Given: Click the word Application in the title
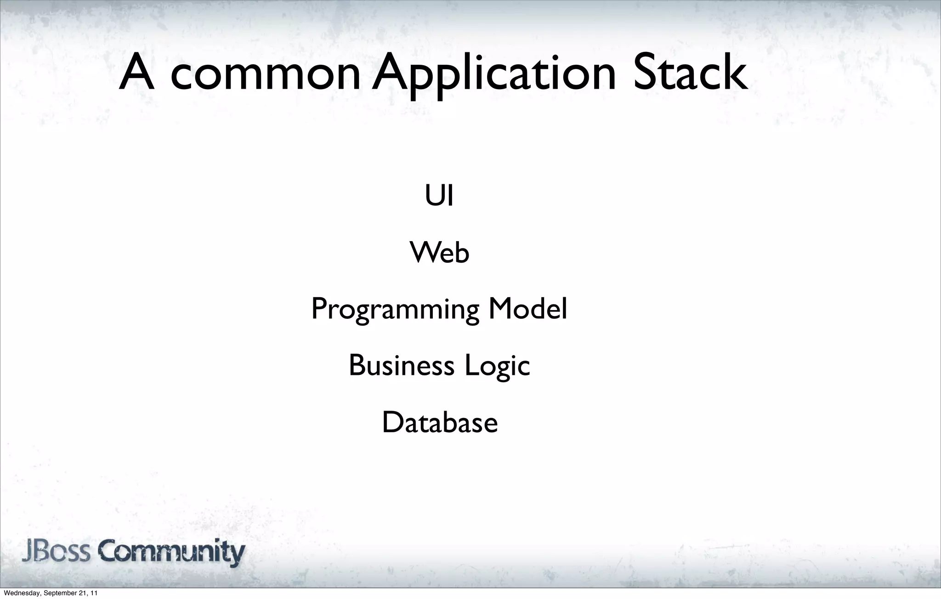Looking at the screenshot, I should [x=494, y=73].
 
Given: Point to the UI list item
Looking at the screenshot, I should [x=439, y=196].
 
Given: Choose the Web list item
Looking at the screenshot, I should [x=439, y=253].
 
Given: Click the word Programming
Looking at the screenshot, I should [x=395, y=310].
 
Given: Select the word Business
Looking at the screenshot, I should [x=402, y=366].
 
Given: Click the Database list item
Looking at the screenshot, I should [x=440, y=423].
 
